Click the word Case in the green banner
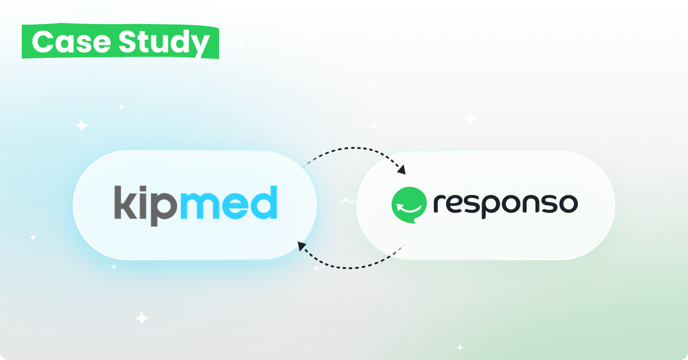click(71, 42)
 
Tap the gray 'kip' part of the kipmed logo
click(146, 206)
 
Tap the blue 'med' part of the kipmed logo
click(229, 202)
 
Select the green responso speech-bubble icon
click(409, 205)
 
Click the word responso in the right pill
click(506, 205)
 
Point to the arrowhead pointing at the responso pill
click(401, 170)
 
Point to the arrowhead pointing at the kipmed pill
click(302, 246)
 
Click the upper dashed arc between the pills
click(353, 148)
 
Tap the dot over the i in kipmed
click(143, 188)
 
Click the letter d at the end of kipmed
click(264, 202)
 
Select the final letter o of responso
click(568, 204)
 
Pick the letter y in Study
click(200, 46)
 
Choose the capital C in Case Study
click(42, 42)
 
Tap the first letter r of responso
click(439, 204)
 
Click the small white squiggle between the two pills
click(347, 202)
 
